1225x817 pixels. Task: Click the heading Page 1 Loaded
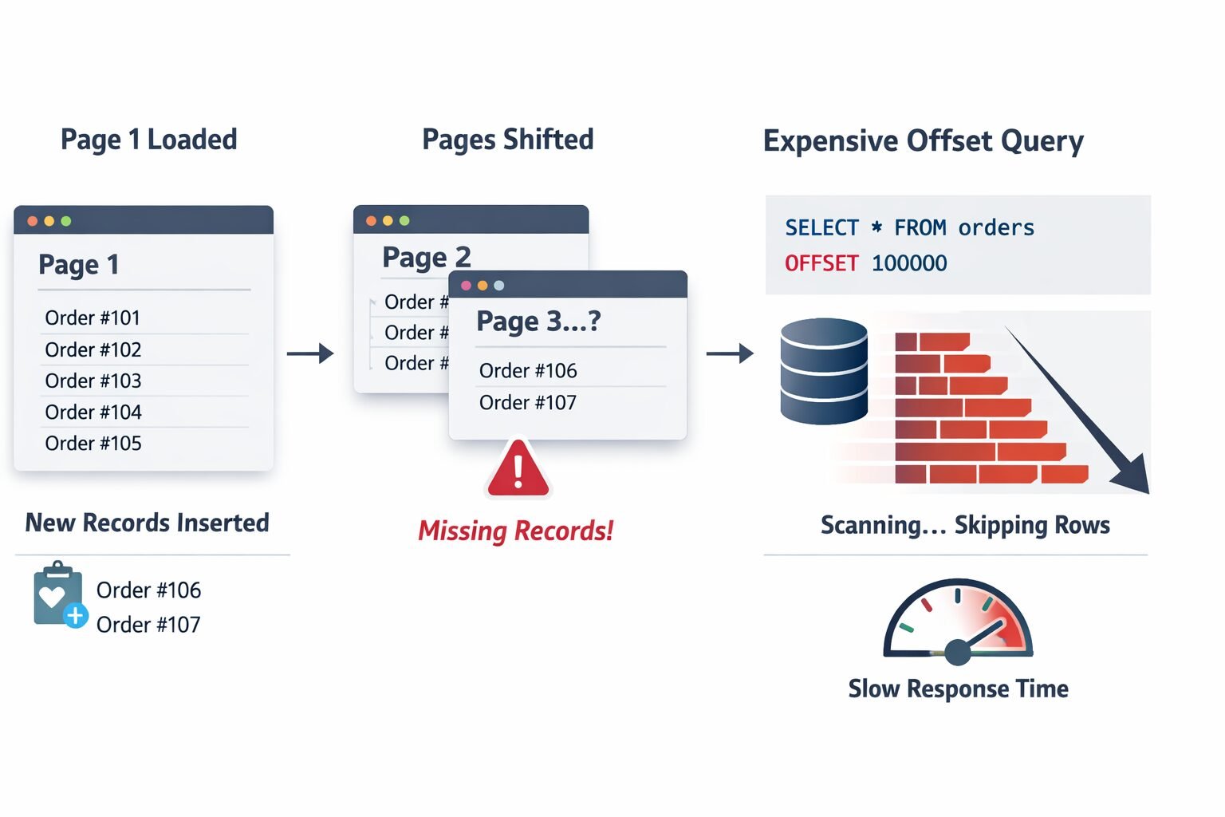148,140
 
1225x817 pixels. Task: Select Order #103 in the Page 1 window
93,381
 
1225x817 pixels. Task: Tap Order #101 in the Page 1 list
93,318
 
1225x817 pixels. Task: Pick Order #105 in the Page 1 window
93,443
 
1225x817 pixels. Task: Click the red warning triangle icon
518,471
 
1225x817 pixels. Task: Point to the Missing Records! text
516,531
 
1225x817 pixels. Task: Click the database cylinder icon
824,371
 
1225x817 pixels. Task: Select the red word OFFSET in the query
821,263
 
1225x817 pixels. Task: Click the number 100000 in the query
909,263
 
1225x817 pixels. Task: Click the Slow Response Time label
958,689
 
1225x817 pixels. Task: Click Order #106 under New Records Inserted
148,590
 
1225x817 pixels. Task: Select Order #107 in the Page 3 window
527,402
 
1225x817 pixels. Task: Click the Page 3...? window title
538,322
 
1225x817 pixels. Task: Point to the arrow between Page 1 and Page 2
310,353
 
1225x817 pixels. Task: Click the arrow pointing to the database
730,353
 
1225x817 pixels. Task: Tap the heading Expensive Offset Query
923,141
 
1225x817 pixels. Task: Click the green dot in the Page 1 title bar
66,221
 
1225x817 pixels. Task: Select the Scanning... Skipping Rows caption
965,525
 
